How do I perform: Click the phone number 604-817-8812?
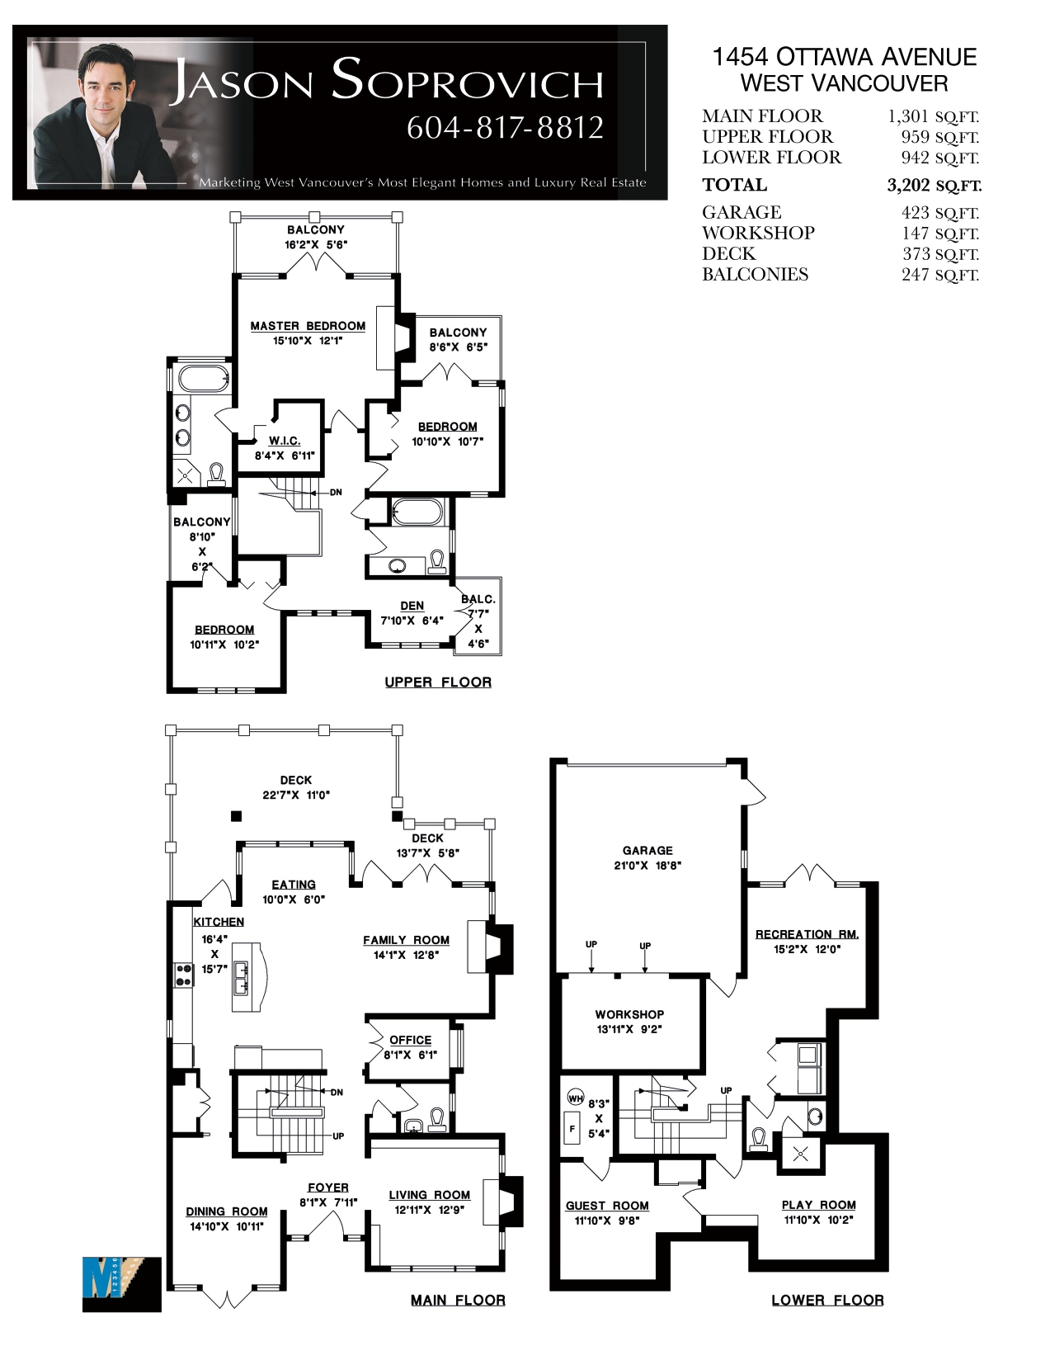(505, 128)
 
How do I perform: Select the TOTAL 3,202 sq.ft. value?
(934, 185)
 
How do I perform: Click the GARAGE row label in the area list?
(742, 212)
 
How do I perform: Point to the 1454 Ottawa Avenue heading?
(845, 57)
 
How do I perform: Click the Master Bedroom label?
(308, 326)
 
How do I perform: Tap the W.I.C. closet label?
(285, 442)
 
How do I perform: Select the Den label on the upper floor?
(412, 606)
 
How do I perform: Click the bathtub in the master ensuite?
(203, 380)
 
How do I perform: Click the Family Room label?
(406, 940)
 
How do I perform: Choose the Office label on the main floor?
(410, 1040)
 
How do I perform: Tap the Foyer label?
(328, 1188)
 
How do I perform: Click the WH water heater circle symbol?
(576, 1098)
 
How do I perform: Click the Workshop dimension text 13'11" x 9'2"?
(629, 1030)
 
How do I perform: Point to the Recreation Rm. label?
(807, 934)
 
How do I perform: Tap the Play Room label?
(818, 1206)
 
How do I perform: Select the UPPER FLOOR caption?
(438, 682)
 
